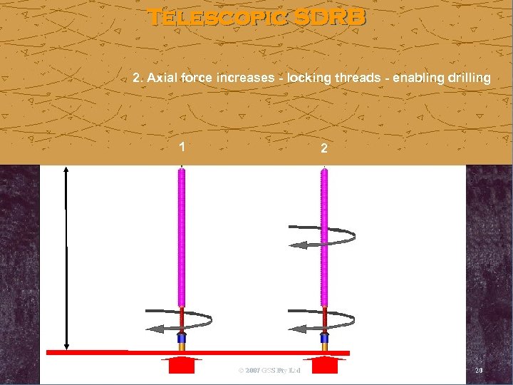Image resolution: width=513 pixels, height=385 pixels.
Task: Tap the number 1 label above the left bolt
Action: click(182, 148)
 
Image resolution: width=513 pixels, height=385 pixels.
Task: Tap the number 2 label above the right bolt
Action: click(324, 149)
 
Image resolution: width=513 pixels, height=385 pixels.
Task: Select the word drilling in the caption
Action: click(467, 77)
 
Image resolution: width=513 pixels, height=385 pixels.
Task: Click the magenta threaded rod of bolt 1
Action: click(182, 235)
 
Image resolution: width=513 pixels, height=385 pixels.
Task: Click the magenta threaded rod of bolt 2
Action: click(324, 235)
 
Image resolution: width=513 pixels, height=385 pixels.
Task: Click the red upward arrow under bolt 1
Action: click(182, 364)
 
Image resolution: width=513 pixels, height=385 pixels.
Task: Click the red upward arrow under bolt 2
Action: click(324, 364)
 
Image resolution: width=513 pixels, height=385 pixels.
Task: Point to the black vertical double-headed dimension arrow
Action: click(66, 257)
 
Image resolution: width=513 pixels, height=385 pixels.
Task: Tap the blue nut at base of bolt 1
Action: click(182, 337)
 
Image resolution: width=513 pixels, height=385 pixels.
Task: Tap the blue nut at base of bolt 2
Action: click(324, 337)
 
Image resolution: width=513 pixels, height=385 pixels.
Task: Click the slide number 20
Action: click(478, 371)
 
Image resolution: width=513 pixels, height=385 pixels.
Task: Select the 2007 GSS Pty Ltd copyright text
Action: click(269, 371)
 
